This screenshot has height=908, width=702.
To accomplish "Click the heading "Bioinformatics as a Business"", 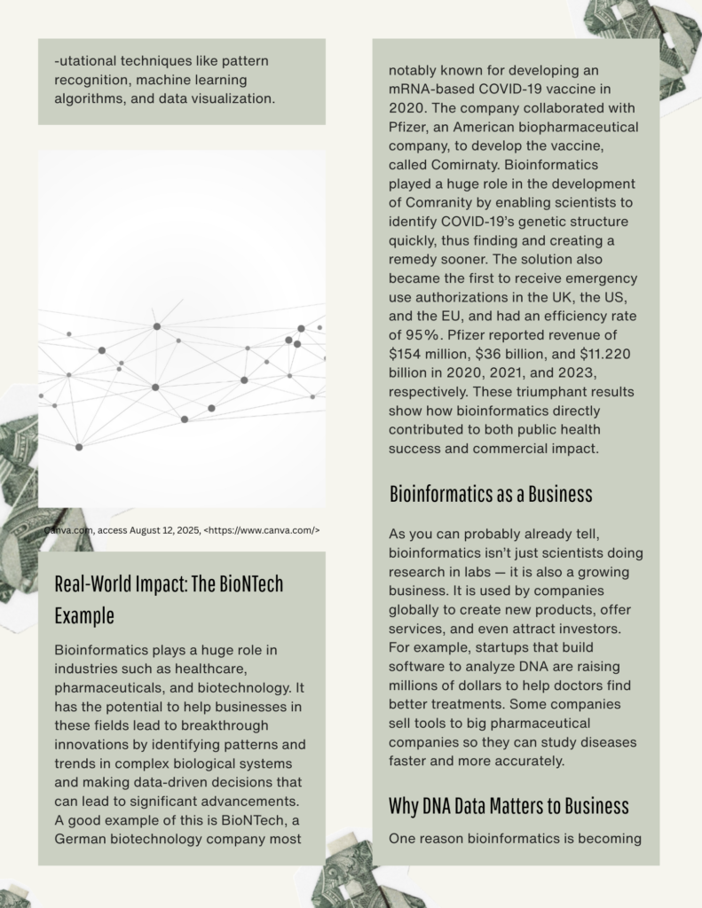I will [491, 494].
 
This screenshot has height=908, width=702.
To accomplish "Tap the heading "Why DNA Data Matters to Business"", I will [509, 806].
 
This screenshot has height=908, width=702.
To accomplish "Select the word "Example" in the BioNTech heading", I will [84, 615].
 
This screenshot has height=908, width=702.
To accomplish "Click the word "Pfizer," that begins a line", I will [411, 127].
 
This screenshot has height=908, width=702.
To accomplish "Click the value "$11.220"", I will [602, 353].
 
